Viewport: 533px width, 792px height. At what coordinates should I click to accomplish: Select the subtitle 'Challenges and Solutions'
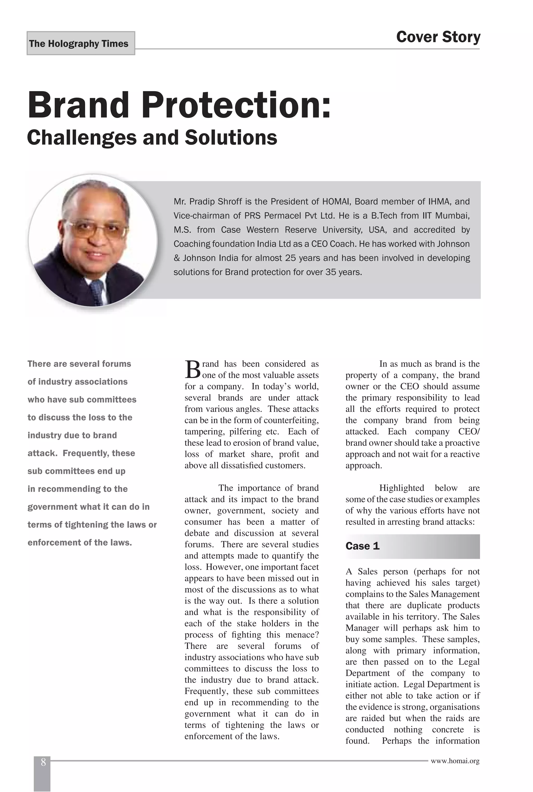click(152, 137)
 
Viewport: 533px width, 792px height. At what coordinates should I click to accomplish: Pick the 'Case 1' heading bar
click(412, 546)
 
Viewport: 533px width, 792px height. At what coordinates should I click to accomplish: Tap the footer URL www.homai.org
click(455, 761)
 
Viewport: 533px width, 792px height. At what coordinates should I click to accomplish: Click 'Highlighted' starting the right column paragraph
click(402, 488)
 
